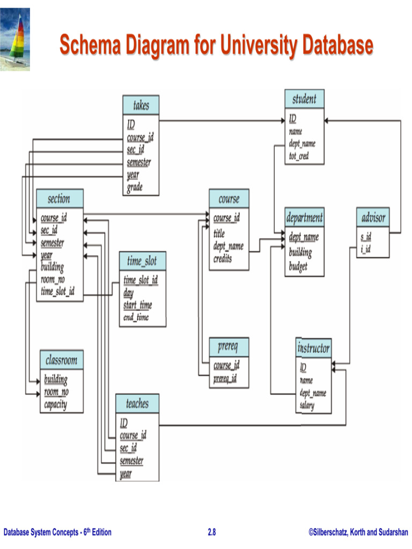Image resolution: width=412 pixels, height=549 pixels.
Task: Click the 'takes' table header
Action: [x=141, y=105]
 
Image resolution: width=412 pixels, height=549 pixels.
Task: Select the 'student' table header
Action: [x=304, y=99]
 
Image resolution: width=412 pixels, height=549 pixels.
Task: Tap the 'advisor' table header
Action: [x=373, y=218]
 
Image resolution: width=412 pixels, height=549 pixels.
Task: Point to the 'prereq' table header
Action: [x=229, y=347]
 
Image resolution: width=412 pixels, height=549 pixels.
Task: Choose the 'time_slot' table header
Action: [x=142, y=262]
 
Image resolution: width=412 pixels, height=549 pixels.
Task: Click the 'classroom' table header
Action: [x=61, y=360]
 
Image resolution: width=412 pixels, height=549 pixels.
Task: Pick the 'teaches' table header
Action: [x=137, y=404]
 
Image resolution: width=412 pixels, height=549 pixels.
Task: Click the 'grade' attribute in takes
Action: [x=135, y=188]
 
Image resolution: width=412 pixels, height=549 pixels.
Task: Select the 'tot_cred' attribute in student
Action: [x=299, y=156]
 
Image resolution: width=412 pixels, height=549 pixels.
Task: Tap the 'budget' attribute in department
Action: [x=298, y=266]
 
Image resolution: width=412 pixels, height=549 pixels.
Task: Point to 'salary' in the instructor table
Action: [x=307, y=405]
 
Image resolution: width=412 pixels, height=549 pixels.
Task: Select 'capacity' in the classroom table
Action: [x=55, y=404]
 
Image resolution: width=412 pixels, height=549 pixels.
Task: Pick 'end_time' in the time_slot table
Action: [x=136, y=317]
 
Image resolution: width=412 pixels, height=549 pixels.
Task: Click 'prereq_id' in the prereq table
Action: [x=225, y=379]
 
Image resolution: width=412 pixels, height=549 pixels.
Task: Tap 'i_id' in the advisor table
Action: [x=366, y=249]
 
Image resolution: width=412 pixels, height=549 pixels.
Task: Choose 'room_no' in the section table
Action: [x=53, y=279]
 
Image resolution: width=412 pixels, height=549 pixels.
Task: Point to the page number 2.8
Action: [x=211, y=532]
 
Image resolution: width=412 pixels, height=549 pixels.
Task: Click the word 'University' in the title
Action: [x=256, y=46]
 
